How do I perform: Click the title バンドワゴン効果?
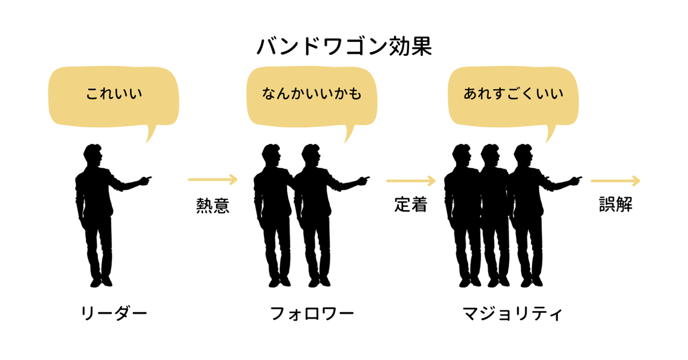tap(344, 47)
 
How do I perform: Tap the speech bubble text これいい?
tap(114, 94)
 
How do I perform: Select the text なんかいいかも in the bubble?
tap(312, 94)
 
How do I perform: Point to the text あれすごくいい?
tap(513, 94)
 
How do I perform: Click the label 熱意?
tap(213, 205)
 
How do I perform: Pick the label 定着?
tap(411, 204)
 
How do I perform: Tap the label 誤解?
tap(615, 204)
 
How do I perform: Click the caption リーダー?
tap(114, 313)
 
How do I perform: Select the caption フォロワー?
tap(312, 313)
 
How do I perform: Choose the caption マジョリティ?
tap(512, 313)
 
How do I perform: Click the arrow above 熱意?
tap(213, 180)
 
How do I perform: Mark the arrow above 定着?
tap(411, 181)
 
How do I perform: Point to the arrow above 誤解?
tap(615, 181)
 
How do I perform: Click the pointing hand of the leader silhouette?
tap(146, 180)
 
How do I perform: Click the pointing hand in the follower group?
tap(364, 180)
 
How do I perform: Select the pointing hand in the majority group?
tap(576, 180)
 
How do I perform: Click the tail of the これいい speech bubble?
tap(150, 133)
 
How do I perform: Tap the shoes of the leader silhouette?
tap(101, 281)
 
